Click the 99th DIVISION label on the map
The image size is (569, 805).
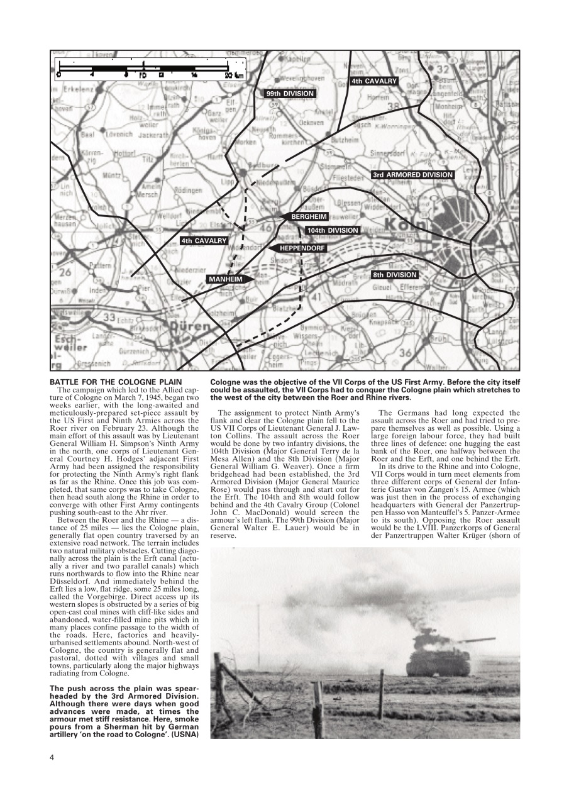(289, 93)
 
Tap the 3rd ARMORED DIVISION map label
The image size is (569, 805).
(412, 175)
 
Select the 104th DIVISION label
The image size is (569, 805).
(333, 231)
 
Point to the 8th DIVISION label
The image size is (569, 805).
(394, 275)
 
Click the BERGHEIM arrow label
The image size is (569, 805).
(305, 216)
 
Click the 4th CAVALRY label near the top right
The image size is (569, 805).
(373, 81)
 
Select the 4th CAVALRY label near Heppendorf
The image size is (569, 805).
(203, 240)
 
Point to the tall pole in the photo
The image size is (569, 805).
(258, 635)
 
